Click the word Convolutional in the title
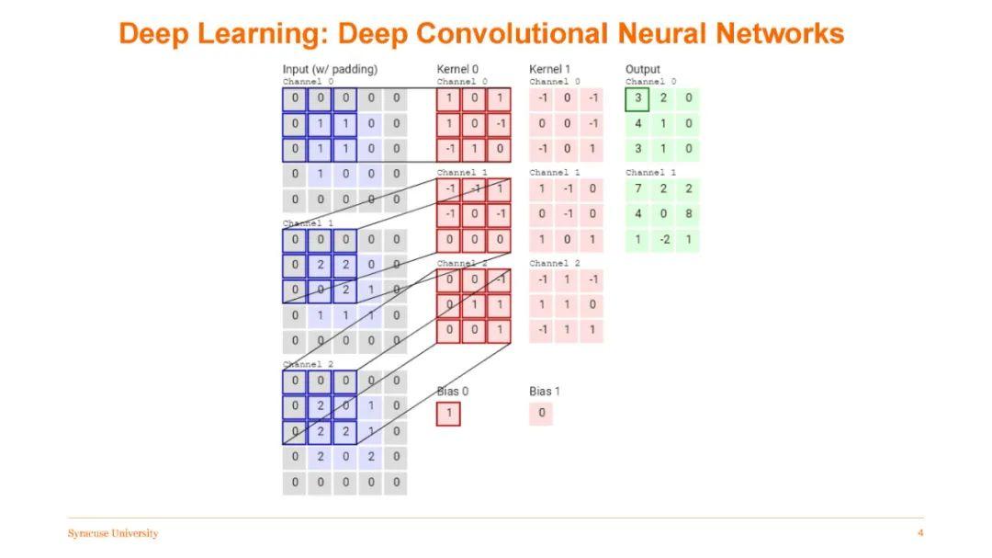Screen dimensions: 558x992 511,34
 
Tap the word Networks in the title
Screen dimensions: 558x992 779,34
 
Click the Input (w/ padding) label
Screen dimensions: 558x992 330,69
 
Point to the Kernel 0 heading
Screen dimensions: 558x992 457,69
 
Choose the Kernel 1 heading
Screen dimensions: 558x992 549,69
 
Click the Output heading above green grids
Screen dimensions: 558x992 642,69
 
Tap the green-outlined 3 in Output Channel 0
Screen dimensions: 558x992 637,98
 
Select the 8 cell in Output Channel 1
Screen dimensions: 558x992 687,214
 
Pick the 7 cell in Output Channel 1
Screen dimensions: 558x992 637,189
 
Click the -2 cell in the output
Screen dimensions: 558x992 662,239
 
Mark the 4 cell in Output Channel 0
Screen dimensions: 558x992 637,123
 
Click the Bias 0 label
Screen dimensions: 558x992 452,392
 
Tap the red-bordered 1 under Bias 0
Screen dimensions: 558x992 448,414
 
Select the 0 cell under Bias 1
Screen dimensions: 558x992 541,414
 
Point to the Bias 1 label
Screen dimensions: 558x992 544,392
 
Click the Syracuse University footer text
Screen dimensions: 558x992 112,533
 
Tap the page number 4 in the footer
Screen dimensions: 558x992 919,533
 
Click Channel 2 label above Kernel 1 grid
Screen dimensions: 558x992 554,264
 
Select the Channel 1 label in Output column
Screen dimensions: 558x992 650,173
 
